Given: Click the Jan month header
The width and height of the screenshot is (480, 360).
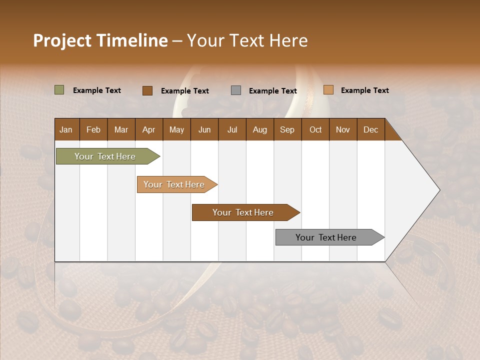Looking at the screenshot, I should pyautogui.click(x=66, y=129).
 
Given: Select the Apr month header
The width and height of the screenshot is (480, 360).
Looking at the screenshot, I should pyautogui.click(x=148, y=129).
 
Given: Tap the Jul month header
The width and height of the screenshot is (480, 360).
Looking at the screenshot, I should pyautogui.click(x=232, y=129).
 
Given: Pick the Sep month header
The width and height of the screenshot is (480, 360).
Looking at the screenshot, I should pyautogui.click(x=287, y=129).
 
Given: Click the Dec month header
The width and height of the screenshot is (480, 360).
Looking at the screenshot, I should pyautogui.click(x=370, y=129).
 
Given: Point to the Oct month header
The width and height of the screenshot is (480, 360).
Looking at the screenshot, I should pyautogui.click(x=315, y=129).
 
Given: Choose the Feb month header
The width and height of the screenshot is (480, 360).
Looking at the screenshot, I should pyautogui.click(x=93, y=129).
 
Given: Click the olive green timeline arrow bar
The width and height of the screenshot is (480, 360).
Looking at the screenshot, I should pyautogui.click(x=105, y=156).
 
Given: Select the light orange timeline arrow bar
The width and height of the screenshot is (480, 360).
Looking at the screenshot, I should pyautogui.click(x=174, y=184).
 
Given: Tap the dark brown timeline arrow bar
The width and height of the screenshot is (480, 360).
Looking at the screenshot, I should pyautogui.click(x=243, y=212).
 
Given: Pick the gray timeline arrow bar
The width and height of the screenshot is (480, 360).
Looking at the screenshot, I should pyautogui.click(x=326, y=237).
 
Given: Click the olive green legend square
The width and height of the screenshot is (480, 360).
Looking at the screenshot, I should pyautogui.click(x=59, y=90).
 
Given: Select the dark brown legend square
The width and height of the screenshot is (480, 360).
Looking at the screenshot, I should pyautogui.click(x=147, y=90).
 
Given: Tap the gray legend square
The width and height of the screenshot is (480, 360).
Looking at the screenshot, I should pyautogui.click(x=235, y=90).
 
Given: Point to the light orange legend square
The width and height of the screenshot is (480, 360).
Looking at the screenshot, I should pyautogui.click(x=328, y=90).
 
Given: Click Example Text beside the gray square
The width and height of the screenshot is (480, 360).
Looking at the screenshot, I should pyautogui.click(x=272, y=91).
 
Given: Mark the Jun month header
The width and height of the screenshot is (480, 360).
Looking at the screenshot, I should pyautogui.click(x=204, y=129).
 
